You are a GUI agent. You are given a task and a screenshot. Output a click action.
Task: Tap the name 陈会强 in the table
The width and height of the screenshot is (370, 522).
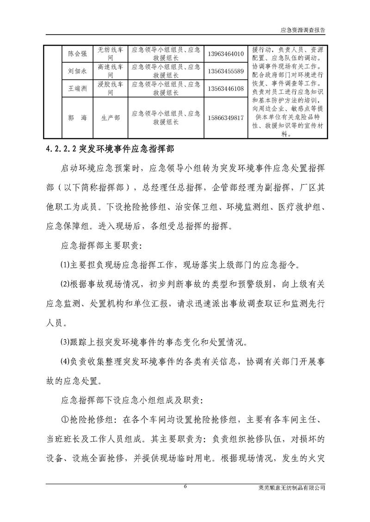pos(77,54)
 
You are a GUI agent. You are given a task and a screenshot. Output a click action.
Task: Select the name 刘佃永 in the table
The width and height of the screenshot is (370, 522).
pos(77,71)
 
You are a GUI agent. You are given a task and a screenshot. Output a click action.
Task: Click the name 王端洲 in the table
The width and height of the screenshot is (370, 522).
pos(77,89)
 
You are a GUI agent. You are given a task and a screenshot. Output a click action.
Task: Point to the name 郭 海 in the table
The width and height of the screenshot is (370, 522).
pos(77,118)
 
